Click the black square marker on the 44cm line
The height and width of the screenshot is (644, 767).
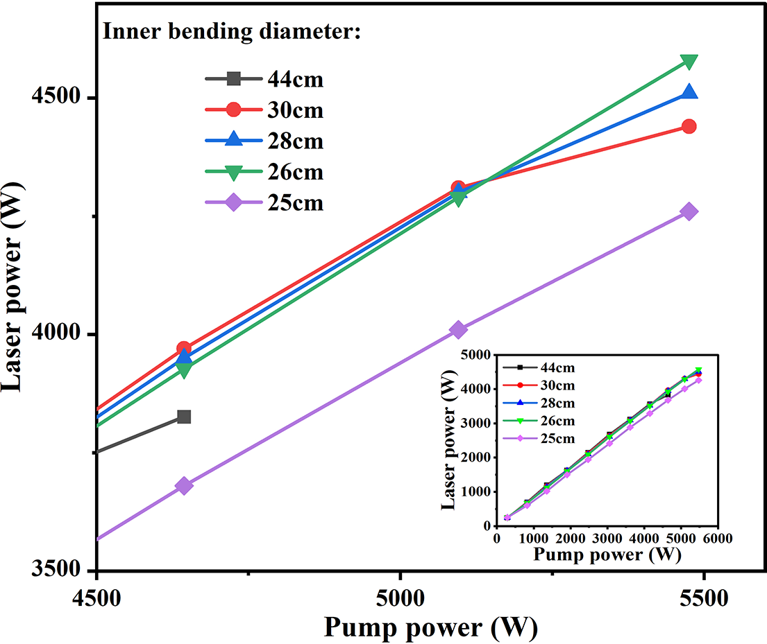tap(184, 417)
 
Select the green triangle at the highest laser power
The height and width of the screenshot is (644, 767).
tap(689, 62)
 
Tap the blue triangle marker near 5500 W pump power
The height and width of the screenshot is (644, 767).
tap(689, 92)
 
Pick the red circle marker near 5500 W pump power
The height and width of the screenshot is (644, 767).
tap(689, 126)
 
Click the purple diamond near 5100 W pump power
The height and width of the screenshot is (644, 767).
tap(457, 330)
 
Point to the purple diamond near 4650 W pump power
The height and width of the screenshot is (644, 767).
tap(184, 486)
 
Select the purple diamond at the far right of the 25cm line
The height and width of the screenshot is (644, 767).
tap(689, 211)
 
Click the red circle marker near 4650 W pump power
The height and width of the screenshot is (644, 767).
tap(184, 349)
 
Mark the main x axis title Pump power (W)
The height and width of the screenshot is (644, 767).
tap(430, 627)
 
